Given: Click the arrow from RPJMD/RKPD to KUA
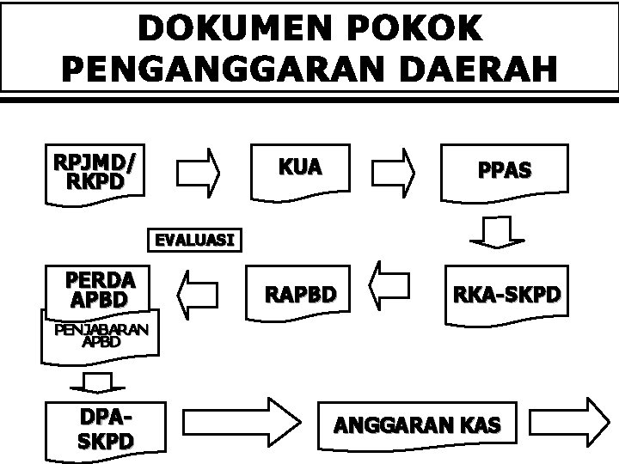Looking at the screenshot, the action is [199, 170].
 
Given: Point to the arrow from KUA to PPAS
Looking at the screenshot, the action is [399, 170].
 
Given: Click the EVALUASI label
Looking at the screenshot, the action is [193, 239].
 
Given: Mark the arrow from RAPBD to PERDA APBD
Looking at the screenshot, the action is [197, 289].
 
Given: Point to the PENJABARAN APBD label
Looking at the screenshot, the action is [101, 335].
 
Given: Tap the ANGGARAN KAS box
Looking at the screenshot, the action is [419, 424].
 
